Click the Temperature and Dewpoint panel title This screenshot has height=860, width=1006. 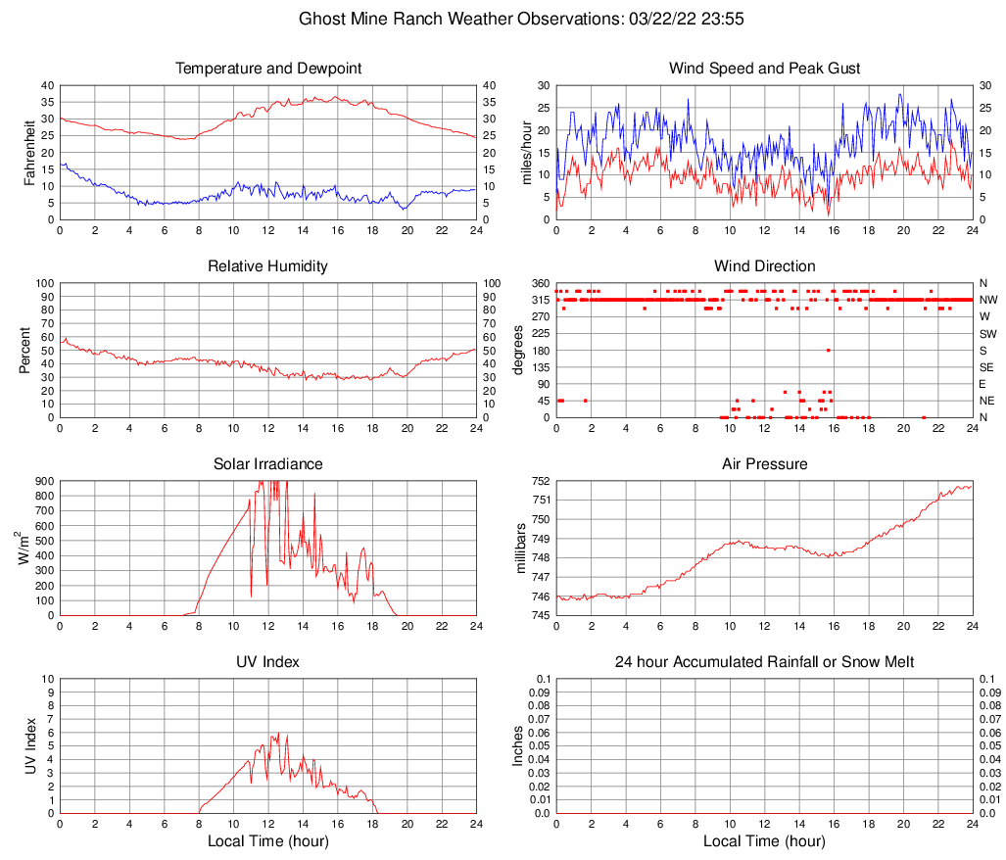268,69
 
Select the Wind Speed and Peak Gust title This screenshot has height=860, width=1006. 764,69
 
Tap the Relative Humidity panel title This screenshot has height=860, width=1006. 268,266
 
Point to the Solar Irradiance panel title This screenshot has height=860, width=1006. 268,463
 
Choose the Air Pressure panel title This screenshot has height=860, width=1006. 764,463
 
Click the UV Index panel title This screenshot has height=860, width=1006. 268,662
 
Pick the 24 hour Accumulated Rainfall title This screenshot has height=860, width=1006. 764,662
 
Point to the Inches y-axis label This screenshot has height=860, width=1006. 519,745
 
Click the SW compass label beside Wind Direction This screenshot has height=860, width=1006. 987,334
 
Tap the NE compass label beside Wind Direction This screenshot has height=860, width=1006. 987,401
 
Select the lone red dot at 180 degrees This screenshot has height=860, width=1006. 828,350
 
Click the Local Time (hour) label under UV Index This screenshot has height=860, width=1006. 268,841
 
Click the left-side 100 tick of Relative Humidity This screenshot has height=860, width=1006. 44,283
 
